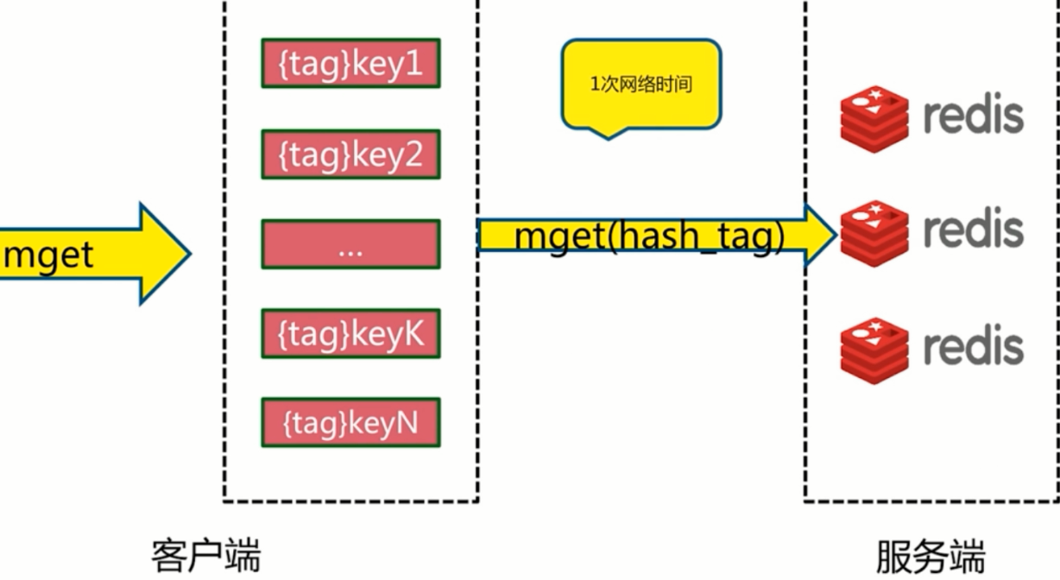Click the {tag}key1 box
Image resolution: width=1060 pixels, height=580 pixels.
(x=350, y=63)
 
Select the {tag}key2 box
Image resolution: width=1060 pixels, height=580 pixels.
(x=350, y=154)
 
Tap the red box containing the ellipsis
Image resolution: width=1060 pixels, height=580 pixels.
(x=350, y=244)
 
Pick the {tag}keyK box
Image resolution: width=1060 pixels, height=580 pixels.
(x=350, y=333)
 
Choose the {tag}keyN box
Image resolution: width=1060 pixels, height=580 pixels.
(x=350, y=423)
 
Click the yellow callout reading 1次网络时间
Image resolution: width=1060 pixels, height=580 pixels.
(x=640, y=85)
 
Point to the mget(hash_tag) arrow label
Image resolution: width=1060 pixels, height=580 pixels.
(x=649, y=235)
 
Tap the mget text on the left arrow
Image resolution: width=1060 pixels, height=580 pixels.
(x=48, y=255)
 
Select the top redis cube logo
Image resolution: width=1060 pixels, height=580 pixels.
(x=874, y=119)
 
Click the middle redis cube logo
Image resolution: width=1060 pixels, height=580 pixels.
(x=874, y=232)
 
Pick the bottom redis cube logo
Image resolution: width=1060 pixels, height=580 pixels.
(x=874, y=350)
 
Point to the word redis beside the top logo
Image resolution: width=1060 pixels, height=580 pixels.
(x=973, y=115)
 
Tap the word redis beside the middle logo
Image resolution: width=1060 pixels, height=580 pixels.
(x=973, y=229)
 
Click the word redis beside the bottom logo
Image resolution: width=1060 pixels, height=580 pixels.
(x=973, y=345)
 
